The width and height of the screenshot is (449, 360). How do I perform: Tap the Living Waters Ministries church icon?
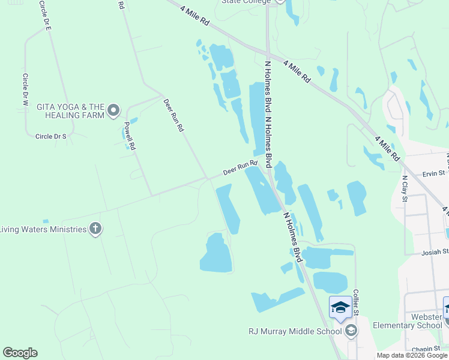click(x=95, y=229)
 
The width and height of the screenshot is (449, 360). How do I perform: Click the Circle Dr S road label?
click(x=50, y=136)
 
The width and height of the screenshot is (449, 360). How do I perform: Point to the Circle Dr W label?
click(x=25, y=90)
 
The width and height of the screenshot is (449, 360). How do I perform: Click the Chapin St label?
click(x=426, y=349)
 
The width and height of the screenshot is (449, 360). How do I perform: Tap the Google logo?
click(x=20, y=353)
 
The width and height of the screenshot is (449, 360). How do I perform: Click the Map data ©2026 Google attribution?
click(x=412, y=355)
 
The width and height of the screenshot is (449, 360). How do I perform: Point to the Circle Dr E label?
click(x=46, y=16)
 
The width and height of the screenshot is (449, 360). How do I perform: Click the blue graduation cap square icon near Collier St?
click(x=340, y=307)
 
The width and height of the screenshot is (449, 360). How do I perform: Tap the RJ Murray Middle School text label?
click(x=295, y=331)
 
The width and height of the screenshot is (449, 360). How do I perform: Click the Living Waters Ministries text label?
click(x=43, y=229)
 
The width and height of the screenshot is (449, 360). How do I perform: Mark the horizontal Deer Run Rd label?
click(x=240, y=167)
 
